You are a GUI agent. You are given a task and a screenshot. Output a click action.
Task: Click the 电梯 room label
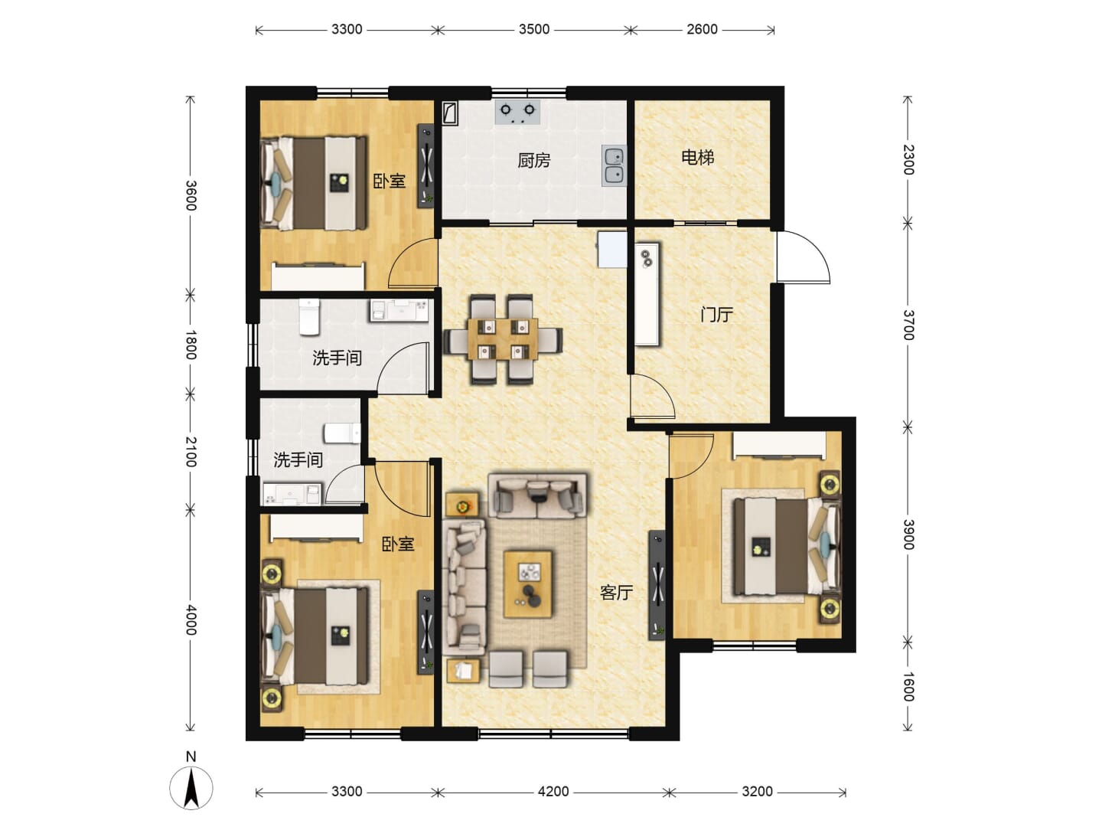click(697, 158)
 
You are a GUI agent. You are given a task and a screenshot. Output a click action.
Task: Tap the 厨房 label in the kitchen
click(533, 161)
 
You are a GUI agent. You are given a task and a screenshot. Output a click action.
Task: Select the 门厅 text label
click(716, 315)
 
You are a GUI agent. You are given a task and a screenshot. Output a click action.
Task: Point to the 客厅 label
click(616, 593)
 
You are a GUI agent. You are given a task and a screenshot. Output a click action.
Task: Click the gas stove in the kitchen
click(517, 112)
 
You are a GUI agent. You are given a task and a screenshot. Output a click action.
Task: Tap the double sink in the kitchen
click(615, 166)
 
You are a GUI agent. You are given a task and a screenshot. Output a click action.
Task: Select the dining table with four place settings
click(503, 339)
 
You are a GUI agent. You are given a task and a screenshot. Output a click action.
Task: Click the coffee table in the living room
click(527, 584)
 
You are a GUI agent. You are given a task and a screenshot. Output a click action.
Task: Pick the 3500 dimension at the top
click(533, 30)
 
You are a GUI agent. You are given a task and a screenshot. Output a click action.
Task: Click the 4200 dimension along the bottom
click(553, 792)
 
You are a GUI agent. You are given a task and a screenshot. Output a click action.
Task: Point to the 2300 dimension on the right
click(908, 160)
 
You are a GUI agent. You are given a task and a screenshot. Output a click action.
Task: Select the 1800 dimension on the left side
click(191, 345)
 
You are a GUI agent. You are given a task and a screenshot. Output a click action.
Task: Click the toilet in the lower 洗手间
click(342, 433)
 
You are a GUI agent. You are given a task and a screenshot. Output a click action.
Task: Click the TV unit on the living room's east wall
click(657, 585)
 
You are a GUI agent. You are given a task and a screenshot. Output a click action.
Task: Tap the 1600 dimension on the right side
click(908, 686)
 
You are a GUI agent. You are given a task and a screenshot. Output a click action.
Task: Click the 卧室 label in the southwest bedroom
click(398, 544)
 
